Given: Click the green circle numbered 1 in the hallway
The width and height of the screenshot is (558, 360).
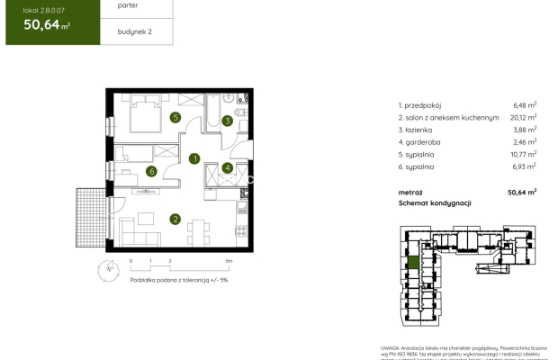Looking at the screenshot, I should pyautogui.click(x=194, y=159).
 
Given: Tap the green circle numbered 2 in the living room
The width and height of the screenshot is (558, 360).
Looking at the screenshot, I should pyautogui.click(x=175, y=218).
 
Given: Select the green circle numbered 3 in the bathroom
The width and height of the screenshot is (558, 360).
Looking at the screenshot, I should pyautogui.click(x=228, y=121).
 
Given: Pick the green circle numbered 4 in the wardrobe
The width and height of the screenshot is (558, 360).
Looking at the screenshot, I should pyautogui.click(x=228, y=167).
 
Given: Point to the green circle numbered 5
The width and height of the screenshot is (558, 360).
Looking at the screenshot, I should pyautogui.click(x=175, y=117).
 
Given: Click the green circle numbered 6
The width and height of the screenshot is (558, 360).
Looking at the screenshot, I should pyautogui.click(x=152, y=171).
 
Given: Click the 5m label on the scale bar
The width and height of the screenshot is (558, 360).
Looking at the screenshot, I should pyautogui.click(x=229, y=260).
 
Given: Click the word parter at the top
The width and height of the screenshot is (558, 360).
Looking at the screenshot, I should pyautogui.click(x=128, y=5).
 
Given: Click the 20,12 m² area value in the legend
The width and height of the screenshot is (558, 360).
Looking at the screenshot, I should pyautogui.click(x=524, y=116).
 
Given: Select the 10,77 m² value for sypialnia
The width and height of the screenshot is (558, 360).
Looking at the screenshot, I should pyautogui.click(x=524, y=154).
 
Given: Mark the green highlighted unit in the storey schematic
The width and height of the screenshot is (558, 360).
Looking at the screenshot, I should pyautogui.click(x=412, y=263).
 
